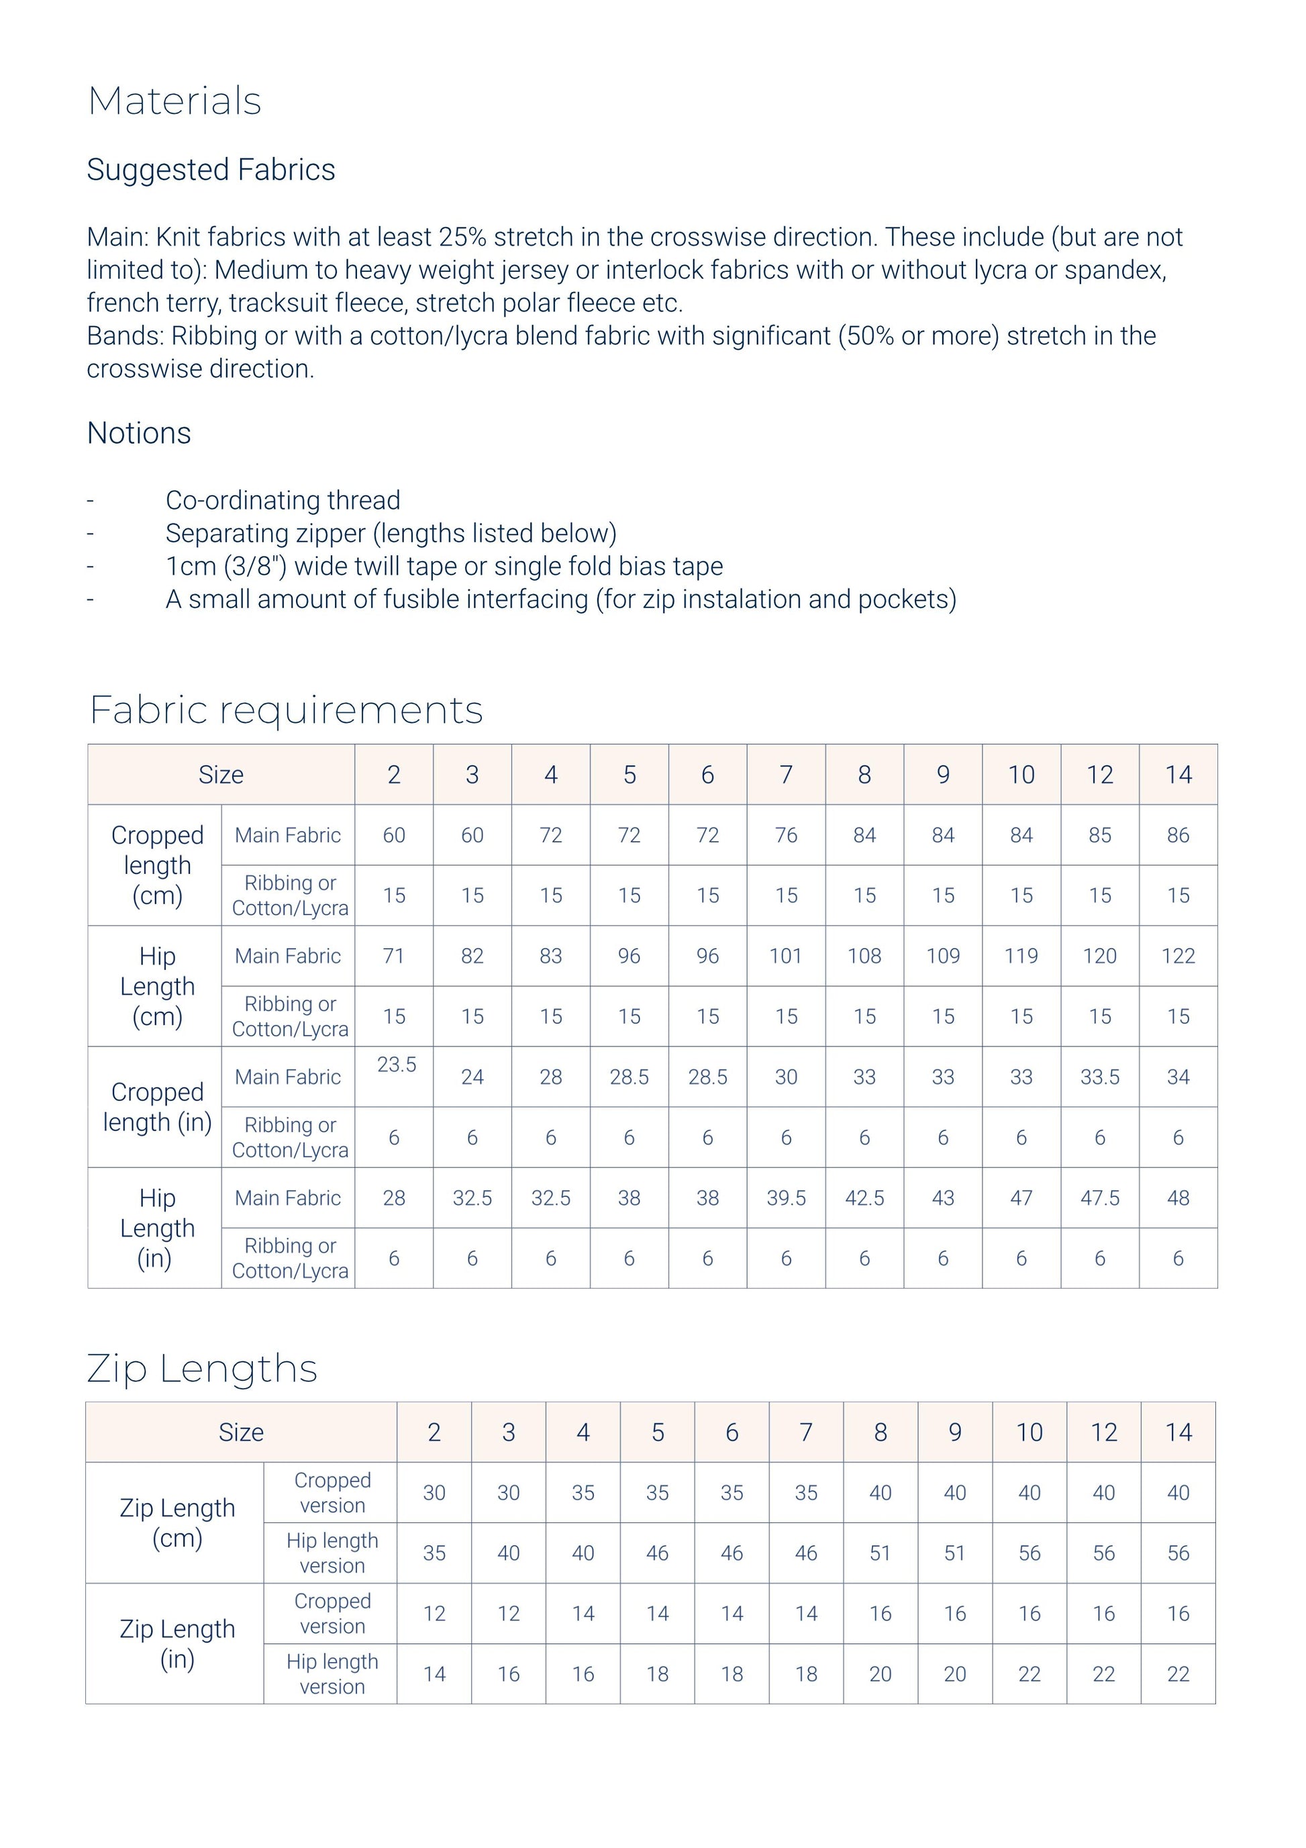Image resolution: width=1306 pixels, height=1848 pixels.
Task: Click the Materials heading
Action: pyautogui.click(x=174, y=101)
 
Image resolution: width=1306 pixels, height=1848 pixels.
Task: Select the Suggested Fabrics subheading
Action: pyautogui.click(x=211, y=170)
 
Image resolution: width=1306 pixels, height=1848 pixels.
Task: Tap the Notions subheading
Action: pyautogui.click(x=139, y=433)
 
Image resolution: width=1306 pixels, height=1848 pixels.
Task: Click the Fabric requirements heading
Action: pyautogui.click(x=286, y=710)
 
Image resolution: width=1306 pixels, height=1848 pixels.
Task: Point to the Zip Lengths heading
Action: pyautogui.click(x=202, y=1368)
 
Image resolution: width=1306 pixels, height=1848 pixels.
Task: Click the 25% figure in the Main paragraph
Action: pyautogui.click(x=462, y=238)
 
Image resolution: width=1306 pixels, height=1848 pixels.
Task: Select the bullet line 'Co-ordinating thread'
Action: pyautogui.click(x=283, y=501)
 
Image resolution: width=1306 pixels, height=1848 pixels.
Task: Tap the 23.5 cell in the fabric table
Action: pyautogui.click(x=397, y=1065)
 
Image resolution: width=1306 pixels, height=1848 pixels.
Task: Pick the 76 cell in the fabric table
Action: pyautogui.click(x=786, y=836)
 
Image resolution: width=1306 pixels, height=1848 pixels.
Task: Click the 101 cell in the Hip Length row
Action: pyautogui.click(x=786, y=956)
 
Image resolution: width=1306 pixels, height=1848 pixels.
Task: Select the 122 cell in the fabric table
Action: pyautogui.click(x=1178, y=956)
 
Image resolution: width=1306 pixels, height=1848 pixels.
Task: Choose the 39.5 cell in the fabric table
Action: pyautogui.click(x=786, y=1198)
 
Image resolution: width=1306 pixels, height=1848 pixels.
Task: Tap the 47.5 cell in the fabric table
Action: pyautogui.click(x=1100, y=1198)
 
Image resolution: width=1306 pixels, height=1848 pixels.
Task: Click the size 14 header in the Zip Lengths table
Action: pyautogui.click(x=1178, y=1432)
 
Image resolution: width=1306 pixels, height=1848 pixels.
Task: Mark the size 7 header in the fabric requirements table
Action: pyautogui.click(x=786, y=775)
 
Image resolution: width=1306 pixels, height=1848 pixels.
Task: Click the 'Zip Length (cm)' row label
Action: pyautogui.click(x=177, y=1523)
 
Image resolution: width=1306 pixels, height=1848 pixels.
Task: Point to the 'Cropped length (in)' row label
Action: pyautogui.click(x=157, y=1108)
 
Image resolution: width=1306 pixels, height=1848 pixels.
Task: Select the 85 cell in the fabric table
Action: pyautogui.click(x=1100, y=836)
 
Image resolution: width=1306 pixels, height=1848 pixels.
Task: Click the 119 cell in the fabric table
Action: pyautogui.click(x=1021, y=956)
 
